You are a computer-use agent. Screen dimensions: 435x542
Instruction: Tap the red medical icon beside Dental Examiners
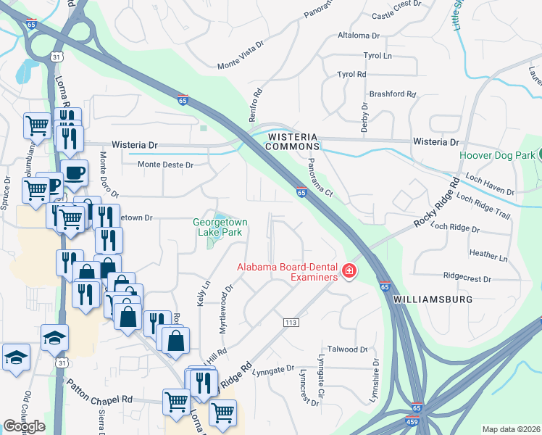pos(349,271)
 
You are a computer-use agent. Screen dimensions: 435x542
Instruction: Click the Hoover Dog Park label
pos(496,155)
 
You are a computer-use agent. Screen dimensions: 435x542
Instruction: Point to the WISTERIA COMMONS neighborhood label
pos(293,141)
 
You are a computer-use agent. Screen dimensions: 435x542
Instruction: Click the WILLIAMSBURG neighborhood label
pos(433,299)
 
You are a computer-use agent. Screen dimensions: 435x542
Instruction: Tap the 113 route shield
pos(292,320)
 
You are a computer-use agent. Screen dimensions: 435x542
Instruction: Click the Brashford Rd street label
pos(392,94)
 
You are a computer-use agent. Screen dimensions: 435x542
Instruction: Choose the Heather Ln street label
pos(488,254)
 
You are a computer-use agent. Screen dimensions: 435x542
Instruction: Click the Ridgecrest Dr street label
pos(467,278)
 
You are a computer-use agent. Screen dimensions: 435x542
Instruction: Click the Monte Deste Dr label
pos(167,165)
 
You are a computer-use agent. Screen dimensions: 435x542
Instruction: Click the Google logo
pos(24,426)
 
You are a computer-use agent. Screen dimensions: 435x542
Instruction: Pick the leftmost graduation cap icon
pos(16,358)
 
